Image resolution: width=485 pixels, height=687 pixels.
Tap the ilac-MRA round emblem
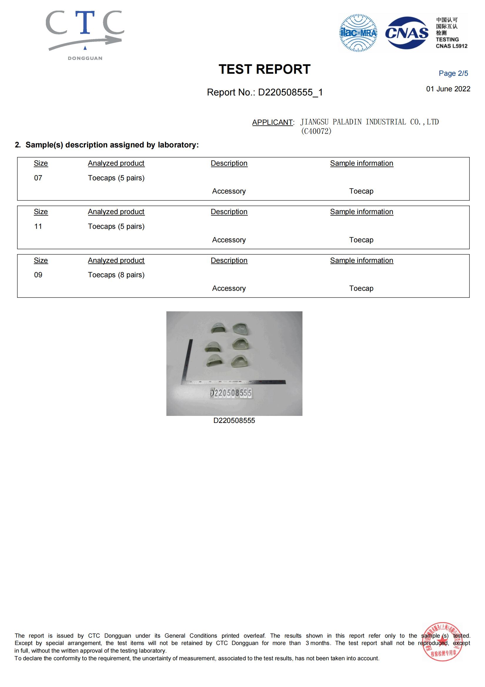click(358, 33)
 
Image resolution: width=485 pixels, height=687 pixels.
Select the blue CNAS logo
click(407, 33)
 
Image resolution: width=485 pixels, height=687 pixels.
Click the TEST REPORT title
click(264, 69)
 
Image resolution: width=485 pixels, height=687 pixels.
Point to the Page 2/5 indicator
click(453, 73)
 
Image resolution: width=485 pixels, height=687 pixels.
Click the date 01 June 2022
click(448, 89)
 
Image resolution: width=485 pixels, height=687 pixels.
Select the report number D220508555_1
click(265, 92)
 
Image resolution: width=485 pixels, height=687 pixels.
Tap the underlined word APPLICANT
click(272, 122)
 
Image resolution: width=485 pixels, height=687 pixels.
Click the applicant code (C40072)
click(316, 131)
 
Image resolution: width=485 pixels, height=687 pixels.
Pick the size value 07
click(38, 178)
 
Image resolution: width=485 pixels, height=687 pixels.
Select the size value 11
click(38, 226)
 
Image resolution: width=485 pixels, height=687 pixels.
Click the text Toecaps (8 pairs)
click(116, 275)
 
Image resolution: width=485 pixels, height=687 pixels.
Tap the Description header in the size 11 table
click(229, 212)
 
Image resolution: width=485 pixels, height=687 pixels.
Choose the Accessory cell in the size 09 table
click(229, 288)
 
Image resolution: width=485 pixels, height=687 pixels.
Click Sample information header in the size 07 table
click(362, 163)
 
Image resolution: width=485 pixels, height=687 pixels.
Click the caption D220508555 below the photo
click(234, 420)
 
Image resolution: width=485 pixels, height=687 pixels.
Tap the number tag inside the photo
click(230, 393)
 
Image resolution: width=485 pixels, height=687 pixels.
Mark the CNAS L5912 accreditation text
click(451, 46)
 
